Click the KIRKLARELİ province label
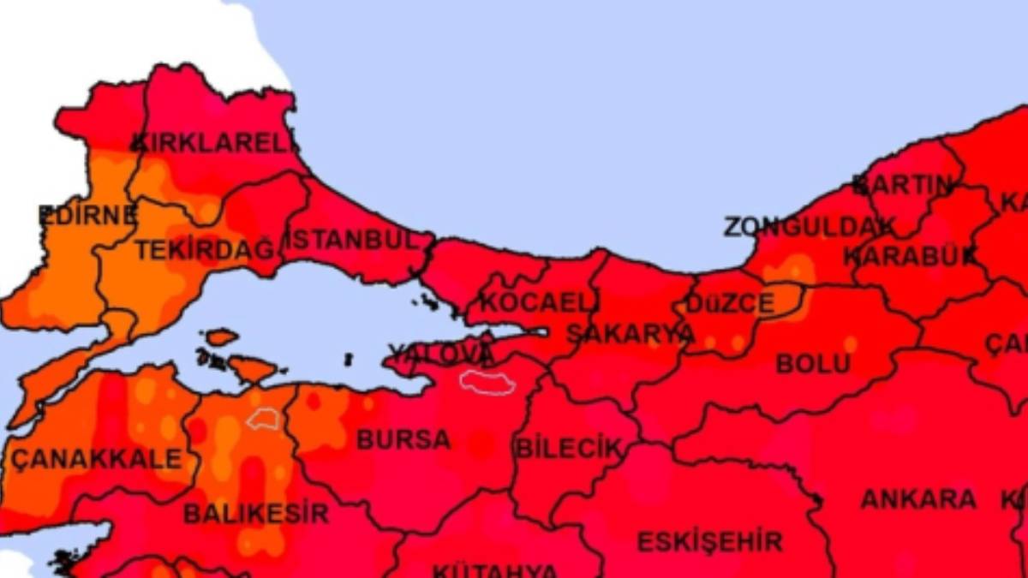point(214,142)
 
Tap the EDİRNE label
point(87,215)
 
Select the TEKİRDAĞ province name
point(206,250)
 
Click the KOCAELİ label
point(540,302)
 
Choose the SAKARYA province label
point(630,334)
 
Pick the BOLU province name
point(813,364)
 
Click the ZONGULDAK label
point(809,227)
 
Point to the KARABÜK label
point(910,255)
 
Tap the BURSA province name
point(403,439)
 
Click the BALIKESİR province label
point(255,514)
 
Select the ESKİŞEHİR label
point(709,541)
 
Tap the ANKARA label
point(917,499)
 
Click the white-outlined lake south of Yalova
point(487,381)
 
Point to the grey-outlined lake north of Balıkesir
point(264,418)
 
